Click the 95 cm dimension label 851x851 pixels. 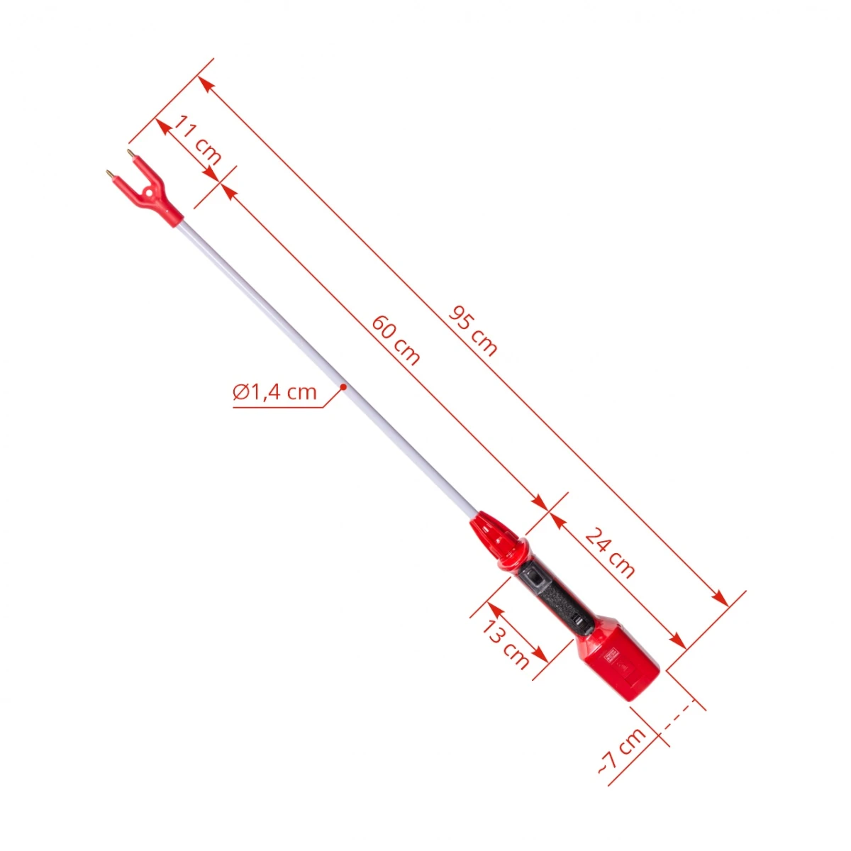472,330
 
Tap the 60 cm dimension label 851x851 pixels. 395,340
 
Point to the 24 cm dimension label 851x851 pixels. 610,552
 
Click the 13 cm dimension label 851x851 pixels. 505,645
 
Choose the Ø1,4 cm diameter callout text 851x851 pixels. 274,391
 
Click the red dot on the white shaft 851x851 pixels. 343,387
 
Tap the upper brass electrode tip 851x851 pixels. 130,152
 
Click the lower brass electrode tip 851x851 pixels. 109,172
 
